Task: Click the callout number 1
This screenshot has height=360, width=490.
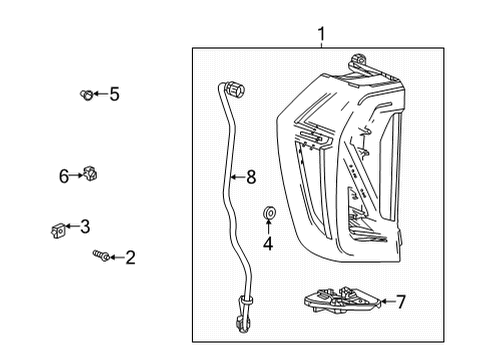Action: [321, 37]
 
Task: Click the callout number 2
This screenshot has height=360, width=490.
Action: [130, 258]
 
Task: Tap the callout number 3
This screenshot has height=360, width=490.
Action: [86, 226]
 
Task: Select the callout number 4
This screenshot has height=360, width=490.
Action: [268, 243]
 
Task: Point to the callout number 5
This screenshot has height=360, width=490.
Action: [114, 94]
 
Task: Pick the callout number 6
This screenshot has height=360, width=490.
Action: [64, 176]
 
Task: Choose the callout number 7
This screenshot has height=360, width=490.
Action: [401, 300]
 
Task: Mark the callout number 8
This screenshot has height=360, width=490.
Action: [250, 177]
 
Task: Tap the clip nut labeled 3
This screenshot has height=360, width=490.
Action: [57, 230]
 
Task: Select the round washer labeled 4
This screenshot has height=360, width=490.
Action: [268, 214]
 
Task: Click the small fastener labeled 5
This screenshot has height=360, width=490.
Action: [86, 95]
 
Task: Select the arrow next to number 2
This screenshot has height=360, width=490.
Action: [115, 258]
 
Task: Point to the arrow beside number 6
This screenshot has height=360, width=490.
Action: [75, 176]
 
